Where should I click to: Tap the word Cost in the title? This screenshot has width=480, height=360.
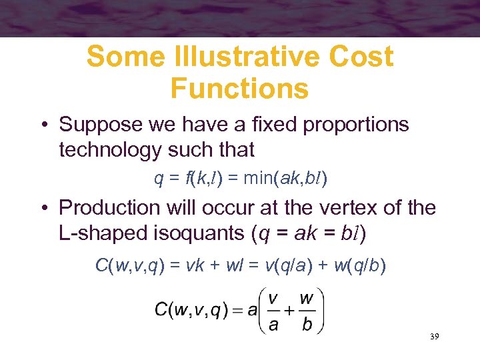(361, 57)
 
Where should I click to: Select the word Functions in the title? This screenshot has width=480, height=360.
(239, 88)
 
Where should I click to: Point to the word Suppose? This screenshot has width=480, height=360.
(100, 125)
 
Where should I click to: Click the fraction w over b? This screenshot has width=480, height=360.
(306, 309)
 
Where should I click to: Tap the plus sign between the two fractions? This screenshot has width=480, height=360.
(290, 309)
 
